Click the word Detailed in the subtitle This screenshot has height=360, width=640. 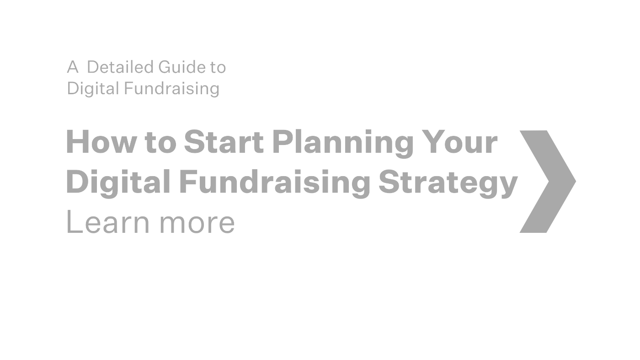pos(120,67)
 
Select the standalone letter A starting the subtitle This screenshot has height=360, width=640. pos(73,67)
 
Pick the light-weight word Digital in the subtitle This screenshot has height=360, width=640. pos(93,88)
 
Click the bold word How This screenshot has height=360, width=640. pos(101,142)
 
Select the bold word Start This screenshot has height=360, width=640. pos(224,142)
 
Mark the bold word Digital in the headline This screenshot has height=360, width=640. pos(118,182)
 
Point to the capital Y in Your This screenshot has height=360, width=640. pos(434,142)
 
